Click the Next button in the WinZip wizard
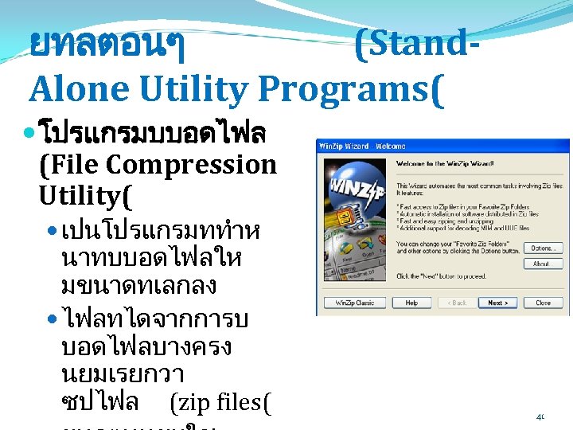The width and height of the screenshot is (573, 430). point(498,303)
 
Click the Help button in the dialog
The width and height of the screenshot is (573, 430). point(411,303)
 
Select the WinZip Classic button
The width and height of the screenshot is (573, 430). point(355,303)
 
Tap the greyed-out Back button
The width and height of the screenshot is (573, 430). point(457,303)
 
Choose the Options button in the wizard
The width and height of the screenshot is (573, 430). point(541,248)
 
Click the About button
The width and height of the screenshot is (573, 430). point(541,264)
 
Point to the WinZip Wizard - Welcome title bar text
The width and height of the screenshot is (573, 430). point(362,146)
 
